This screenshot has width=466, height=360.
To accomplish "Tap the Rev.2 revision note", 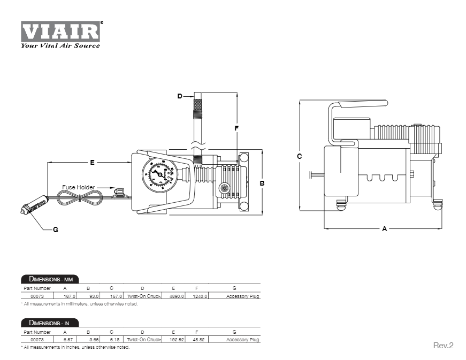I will tap(443, 345).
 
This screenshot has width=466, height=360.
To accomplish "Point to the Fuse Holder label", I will tap(78, 187).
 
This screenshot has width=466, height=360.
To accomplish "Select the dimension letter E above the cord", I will tap(91, 162).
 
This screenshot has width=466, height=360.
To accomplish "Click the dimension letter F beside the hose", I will tap(236, 128).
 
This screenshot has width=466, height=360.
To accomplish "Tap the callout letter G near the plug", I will tap(55, 229).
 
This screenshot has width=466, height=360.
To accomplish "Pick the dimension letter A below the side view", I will tap(384, 229).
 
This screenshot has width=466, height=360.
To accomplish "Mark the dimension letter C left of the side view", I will tap(300, 156).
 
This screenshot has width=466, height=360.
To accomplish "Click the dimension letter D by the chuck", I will tap(180, 96).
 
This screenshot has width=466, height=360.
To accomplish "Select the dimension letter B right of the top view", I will tap(262, 182).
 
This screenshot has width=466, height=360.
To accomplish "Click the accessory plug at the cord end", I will tap(35, 206).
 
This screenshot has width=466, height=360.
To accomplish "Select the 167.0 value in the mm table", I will tap(70, 296).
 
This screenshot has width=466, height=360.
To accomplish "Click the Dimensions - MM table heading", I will tap(50, 279).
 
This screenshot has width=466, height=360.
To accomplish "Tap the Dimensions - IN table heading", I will tap(50, 323).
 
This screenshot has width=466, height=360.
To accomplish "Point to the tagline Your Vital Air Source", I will tap(60, 45).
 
